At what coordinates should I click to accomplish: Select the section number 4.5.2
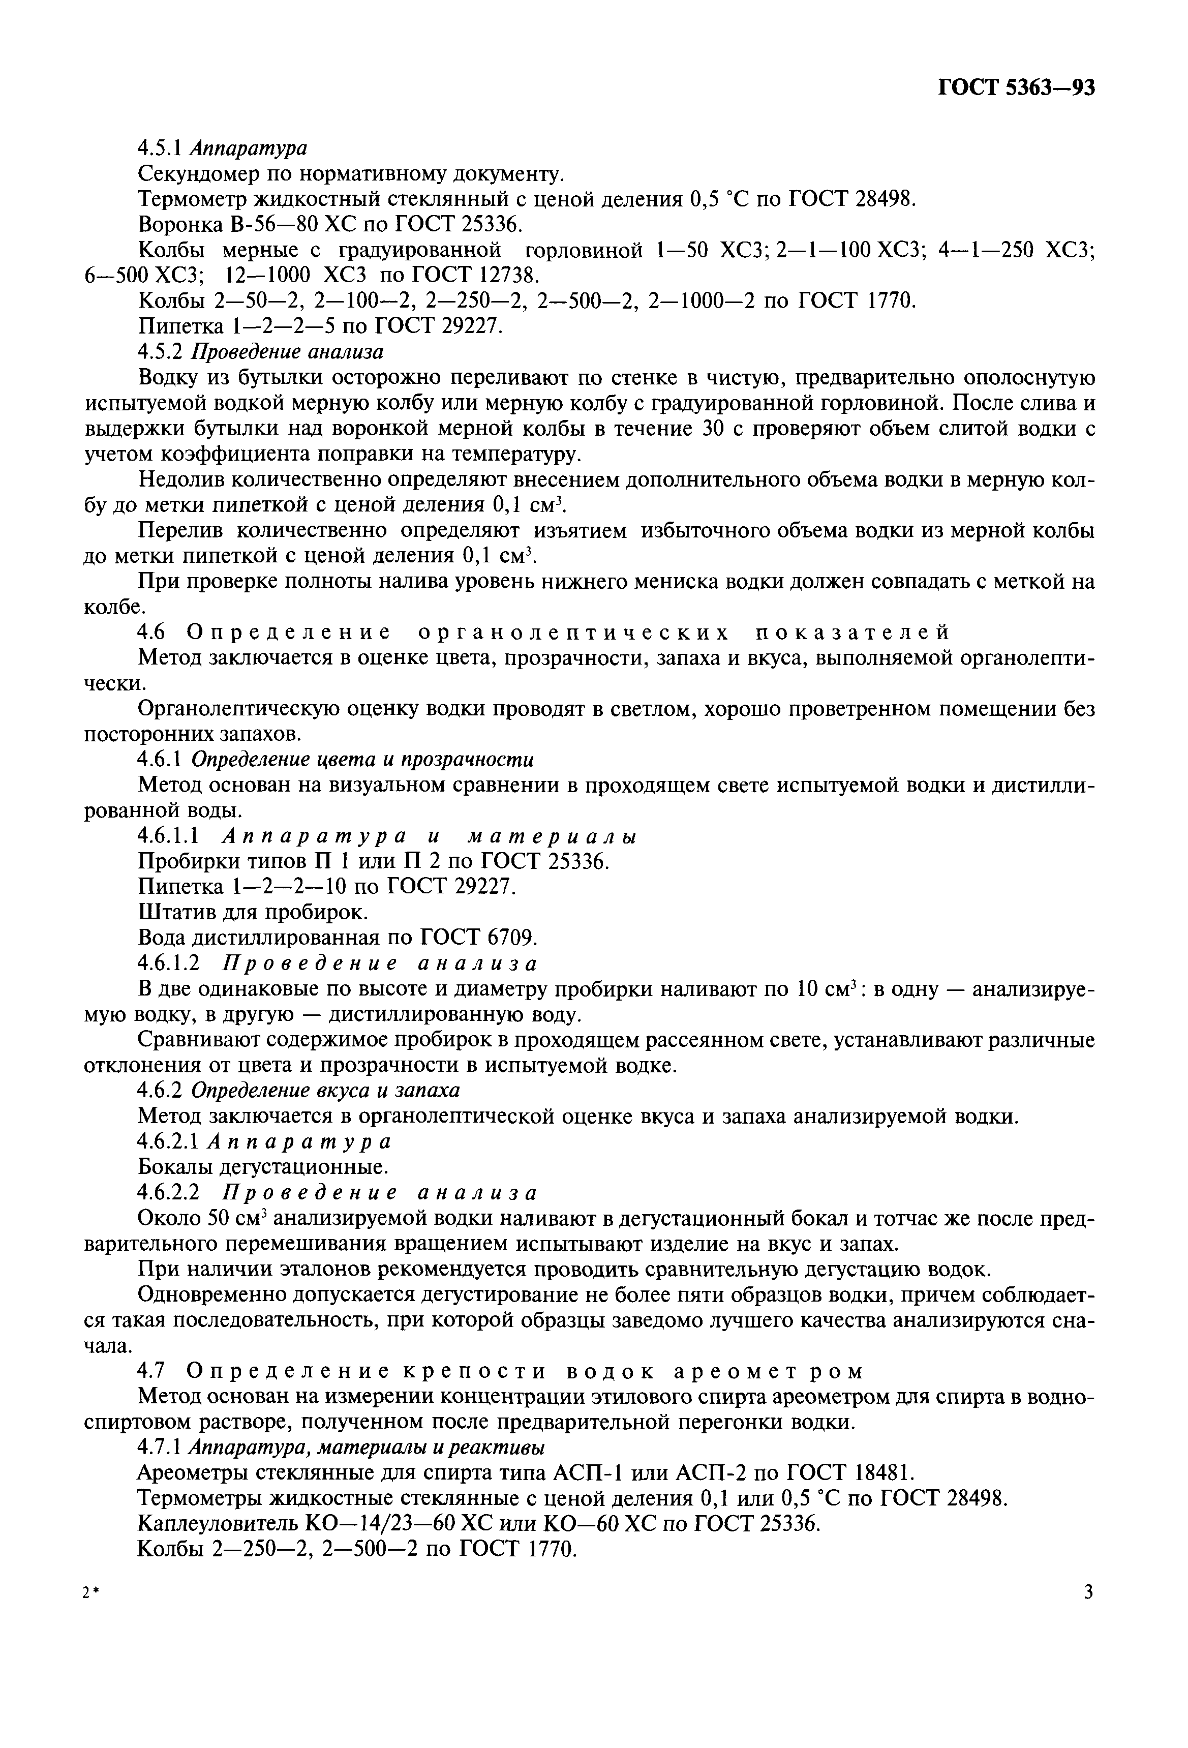coord(162,352)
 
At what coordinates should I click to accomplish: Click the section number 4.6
coord(153,632)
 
